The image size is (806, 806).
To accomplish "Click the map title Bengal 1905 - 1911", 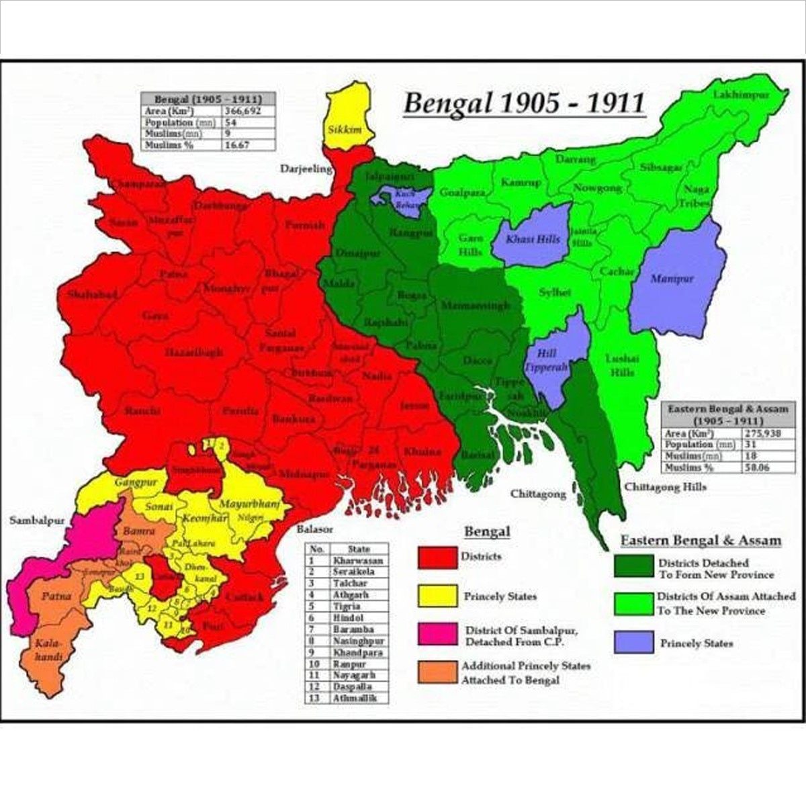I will click(x=523, y=104).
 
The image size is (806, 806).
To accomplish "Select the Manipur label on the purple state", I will click(x=671, y=278).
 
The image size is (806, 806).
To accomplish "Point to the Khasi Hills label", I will click(x=532, y=239).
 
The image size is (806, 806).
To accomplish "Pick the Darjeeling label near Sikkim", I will click(x=306, y=169).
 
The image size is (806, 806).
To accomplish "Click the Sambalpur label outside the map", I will click(x=36, y=521).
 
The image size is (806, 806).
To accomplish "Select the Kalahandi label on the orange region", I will click(x=49, y=650).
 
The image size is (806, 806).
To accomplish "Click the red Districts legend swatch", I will click(x=437, y=557).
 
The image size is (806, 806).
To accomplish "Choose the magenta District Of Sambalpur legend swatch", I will click(x=437, y=634).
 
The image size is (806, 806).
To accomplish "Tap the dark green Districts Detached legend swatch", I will click(x=633, y=566).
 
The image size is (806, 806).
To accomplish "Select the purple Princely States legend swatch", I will click(x=633, y=642).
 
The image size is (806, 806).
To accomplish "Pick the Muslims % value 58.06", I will click(x=756, y=467).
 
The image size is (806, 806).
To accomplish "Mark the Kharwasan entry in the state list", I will click(x=358, y=560).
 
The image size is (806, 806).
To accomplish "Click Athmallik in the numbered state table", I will click(x=355, y=698).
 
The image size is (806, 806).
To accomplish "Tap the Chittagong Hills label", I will click(x=665, y=486).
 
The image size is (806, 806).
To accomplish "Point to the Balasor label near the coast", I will click(x=314, y=529).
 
